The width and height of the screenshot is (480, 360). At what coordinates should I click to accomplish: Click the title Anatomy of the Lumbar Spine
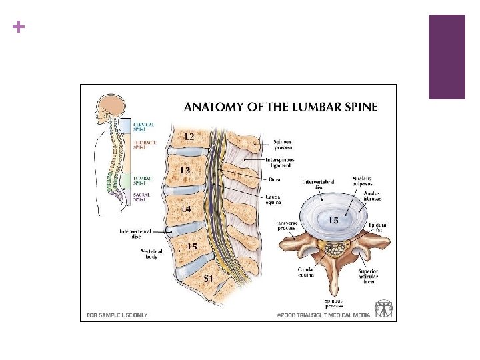coord(280,106)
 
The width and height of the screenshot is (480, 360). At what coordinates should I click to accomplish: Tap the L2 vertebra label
coord(189,136)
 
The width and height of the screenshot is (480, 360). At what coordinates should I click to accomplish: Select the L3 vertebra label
coord(185,171)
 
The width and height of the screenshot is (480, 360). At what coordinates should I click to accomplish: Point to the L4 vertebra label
coord(187,209)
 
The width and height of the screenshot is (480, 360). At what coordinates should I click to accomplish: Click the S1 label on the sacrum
coord(208,279)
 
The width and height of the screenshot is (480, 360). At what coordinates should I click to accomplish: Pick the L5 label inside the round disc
coord(332,220)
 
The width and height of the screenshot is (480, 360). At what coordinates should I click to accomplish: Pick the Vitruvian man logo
coord(384,309)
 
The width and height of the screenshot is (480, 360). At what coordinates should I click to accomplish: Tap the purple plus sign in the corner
coord(17,27)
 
